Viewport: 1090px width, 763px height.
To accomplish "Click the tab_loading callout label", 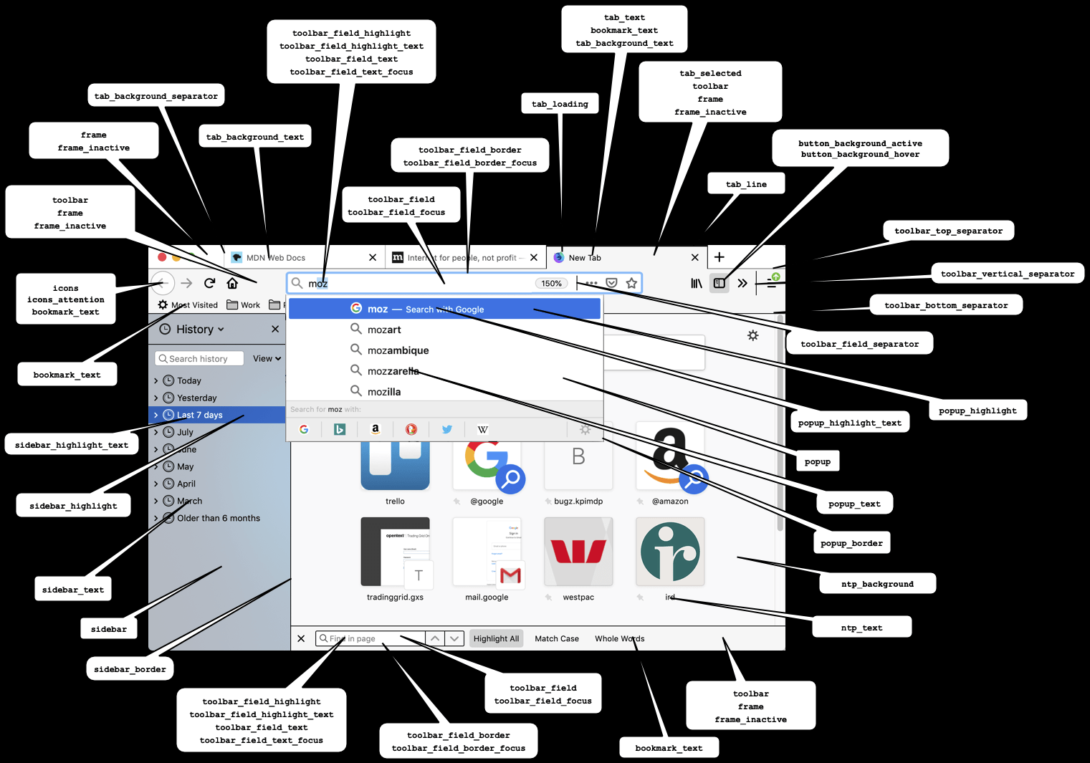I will (560, 104).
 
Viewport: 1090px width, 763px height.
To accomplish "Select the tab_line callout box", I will (746, 184).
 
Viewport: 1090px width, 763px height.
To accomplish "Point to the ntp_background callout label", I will (877, 584).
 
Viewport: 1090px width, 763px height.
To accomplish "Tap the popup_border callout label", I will (851, 543).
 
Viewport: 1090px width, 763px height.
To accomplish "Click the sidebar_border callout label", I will (130, 669).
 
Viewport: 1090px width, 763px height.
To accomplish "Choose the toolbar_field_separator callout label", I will (859, 344).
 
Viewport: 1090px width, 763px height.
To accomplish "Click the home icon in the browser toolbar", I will (232, 284).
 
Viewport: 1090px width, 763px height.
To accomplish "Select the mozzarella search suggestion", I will (393, 371).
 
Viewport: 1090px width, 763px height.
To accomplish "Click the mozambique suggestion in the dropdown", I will (398, 350).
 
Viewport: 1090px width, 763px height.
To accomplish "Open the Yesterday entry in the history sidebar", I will (196, 398).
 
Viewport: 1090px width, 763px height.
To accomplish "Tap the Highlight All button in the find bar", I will (496, 638).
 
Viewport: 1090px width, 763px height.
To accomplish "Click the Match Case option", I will (557, 638).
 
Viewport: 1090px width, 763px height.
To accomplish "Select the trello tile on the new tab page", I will (395, 466).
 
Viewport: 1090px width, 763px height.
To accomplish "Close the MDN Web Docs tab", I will (373, 258).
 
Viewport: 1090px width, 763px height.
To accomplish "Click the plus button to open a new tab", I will (720, 257).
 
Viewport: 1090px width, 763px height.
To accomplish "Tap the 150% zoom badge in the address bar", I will (551, 284).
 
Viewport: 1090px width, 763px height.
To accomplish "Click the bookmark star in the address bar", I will (631, 283).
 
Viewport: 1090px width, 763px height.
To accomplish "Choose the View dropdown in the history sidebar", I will (267, 358).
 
